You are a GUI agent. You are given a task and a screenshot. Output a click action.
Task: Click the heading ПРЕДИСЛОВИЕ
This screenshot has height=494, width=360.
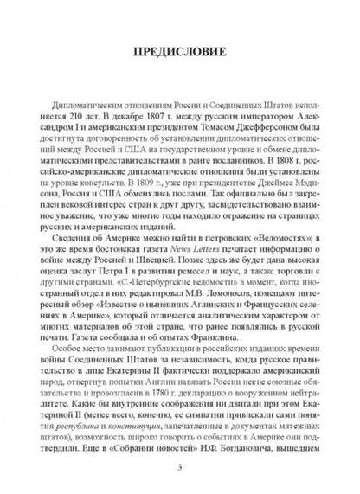coord(179,63)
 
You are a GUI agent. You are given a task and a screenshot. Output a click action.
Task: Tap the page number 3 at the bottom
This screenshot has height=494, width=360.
coord(179,470)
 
